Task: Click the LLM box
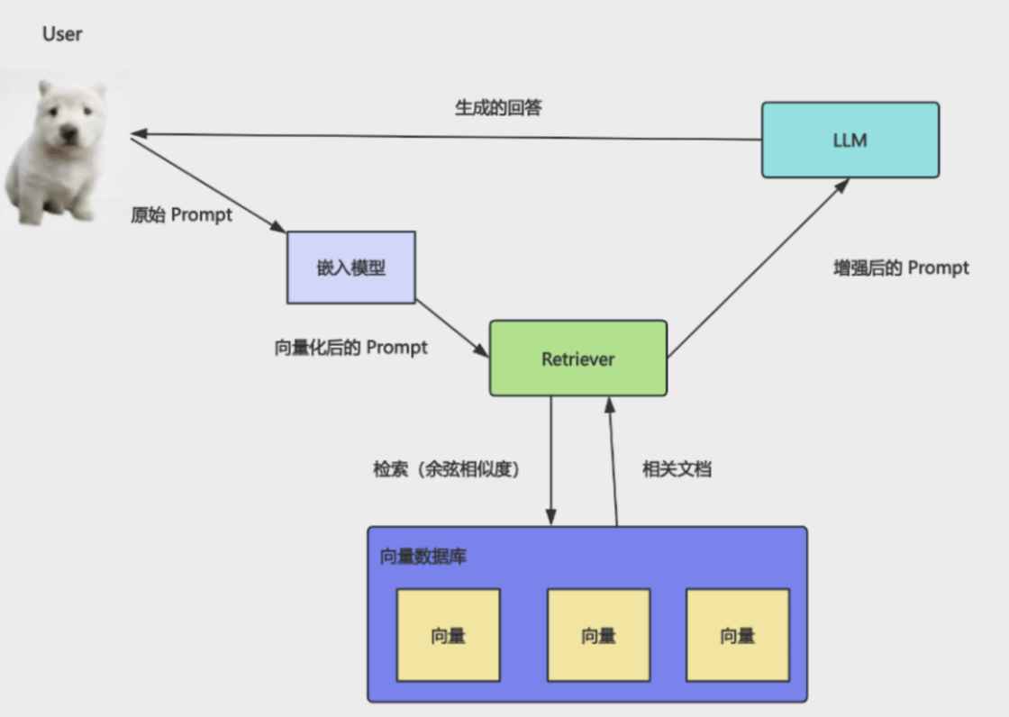[850, 140]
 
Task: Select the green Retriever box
[578, 358]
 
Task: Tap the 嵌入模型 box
[350, 267]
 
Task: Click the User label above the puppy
[62, 34]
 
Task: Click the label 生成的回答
[498, 108]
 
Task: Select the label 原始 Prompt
[181, 215]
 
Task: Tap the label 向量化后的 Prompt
[350, 348]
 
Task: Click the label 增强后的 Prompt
[901, 268]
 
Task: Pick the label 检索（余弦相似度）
[448, 469]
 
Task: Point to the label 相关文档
[677, 469]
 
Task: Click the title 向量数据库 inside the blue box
[423, 557]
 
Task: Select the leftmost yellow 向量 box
[448, 636]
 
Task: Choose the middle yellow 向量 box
[598, 636]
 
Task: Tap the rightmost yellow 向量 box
[737, 636]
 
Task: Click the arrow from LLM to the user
[450, 136]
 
